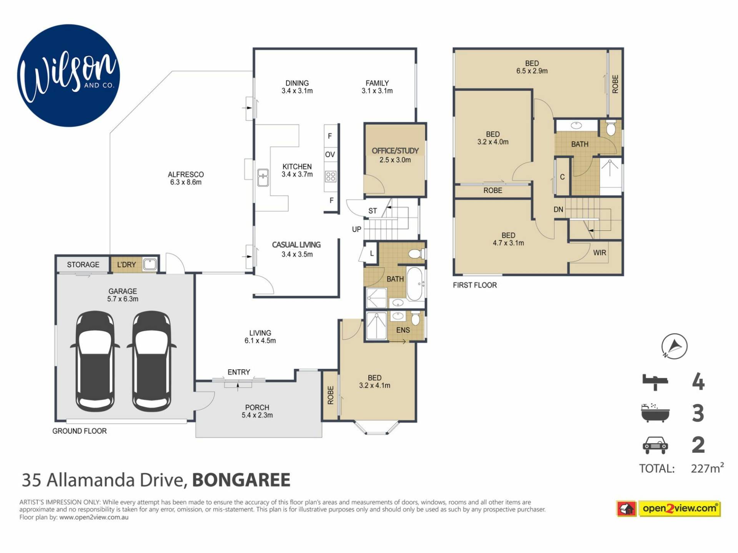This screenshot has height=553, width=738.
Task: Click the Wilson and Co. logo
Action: coord(68,76)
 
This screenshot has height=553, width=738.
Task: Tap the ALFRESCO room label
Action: coord(186,175)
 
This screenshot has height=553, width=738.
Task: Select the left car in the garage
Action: coord(95,361)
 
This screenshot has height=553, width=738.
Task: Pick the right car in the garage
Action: coord(151,361)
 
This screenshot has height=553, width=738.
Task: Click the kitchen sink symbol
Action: coord(263,177)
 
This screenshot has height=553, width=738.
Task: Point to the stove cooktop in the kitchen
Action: coord(331,176)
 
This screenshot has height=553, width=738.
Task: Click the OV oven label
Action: coord(330,154)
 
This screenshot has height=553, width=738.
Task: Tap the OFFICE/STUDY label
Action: coord(395,151)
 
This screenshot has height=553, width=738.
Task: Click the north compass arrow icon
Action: coord(675,346)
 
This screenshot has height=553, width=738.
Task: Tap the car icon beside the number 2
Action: coord(655,445)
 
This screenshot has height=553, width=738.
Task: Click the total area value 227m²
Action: coord(707,468)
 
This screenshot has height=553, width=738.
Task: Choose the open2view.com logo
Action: coord(669,509)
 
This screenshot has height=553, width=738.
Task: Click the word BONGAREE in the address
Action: coord(241,480)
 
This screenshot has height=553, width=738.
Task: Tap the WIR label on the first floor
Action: coord(600,253)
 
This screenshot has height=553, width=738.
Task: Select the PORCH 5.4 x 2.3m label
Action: coord(257,411)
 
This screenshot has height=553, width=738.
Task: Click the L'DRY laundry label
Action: coord(126,265)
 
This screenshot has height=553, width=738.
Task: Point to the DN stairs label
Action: coord(558,209)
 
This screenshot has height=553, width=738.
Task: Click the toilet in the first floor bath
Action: coord(611,128)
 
